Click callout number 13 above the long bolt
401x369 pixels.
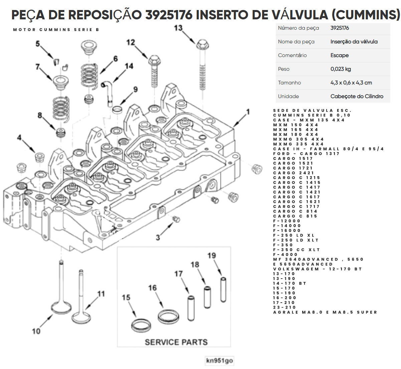178,28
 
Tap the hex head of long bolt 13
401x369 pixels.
202,45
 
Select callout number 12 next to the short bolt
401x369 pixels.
131,42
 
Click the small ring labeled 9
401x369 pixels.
117,110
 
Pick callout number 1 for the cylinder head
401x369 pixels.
248,112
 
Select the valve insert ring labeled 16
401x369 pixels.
168,317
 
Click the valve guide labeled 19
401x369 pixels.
223,290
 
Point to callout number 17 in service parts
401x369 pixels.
179,274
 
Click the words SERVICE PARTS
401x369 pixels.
176,342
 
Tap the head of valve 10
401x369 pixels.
61,308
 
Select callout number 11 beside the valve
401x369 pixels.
101,294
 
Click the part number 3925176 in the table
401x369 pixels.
340,28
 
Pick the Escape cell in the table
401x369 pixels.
340,55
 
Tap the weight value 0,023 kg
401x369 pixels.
341,69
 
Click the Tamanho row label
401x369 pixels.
289,83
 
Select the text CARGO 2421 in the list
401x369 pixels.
293,173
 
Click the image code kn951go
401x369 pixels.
219,360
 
